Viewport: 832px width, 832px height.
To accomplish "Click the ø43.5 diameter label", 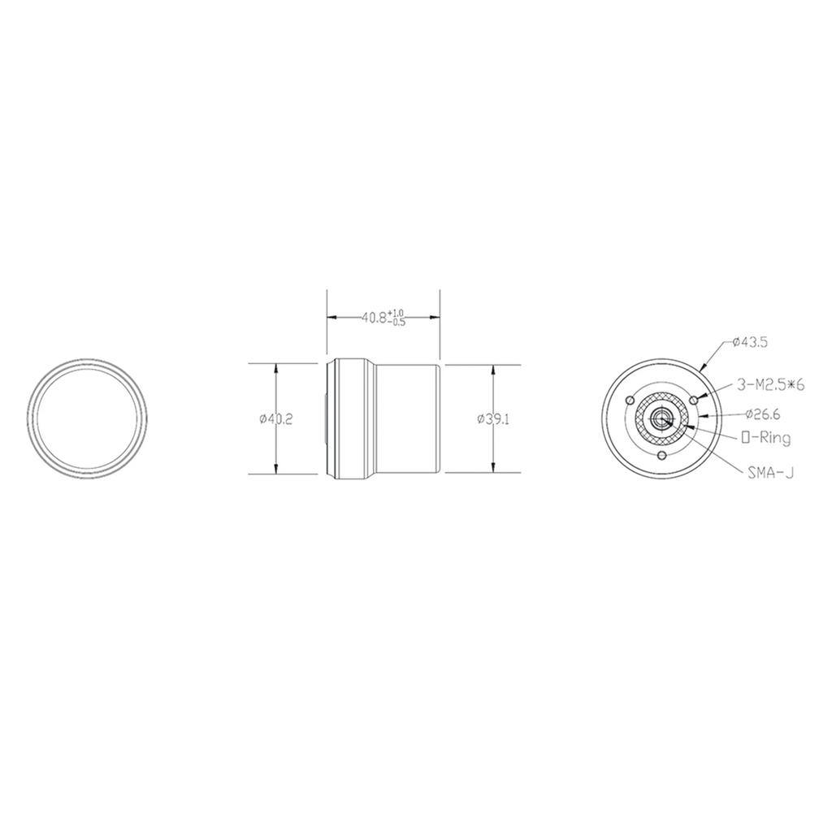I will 749,342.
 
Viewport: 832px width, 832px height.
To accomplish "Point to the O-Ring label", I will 766,438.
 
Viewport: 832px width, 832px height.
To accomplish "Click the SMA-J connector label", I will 769,471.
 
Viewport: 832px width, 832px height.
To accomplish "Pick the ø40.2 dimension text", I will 276,418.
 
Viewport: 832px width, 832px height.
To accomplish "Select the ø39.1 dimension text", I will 492,418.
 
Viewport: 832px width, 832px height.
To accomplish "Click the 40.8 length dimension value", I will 374,318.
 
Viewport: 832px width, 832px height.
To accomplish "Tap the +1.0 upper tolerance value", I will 396,313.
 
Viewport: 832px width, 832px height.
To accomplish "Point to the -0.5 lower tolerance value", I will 397,323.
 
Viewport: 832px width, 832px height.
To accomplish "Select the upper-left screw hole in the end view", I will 630,401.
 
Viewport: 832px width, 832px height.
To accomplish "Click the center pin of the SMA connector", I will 661,418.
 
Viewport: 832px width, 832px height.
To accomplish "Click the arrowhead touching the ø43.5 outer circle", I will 704,370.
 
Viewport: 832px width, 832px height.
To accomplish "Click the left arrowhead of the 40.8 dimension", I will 331,318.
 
